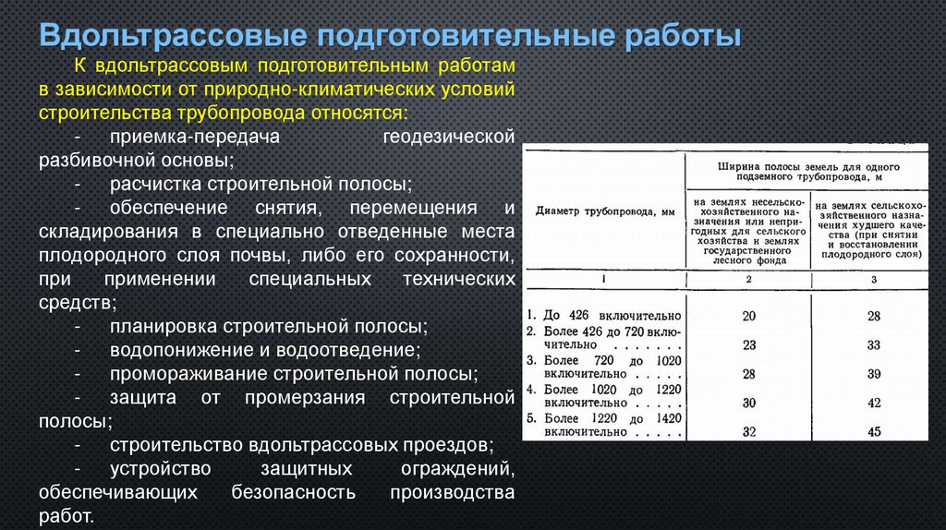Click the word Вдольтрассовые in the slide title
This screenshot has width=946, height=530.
pos(171,37)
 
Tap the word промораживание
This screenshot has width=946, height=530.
pos(187,374)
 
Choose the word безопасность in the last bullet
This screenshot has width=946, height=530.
pos(296,492)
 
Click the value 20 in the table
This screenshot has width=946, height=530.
pos(748,316)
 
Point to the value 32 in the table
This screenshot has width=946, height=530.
pos(748,431)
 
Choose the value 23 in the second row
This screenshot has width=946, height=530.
pos(748,345)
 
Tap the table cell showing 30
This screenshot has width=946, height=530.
pos(748,403)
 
